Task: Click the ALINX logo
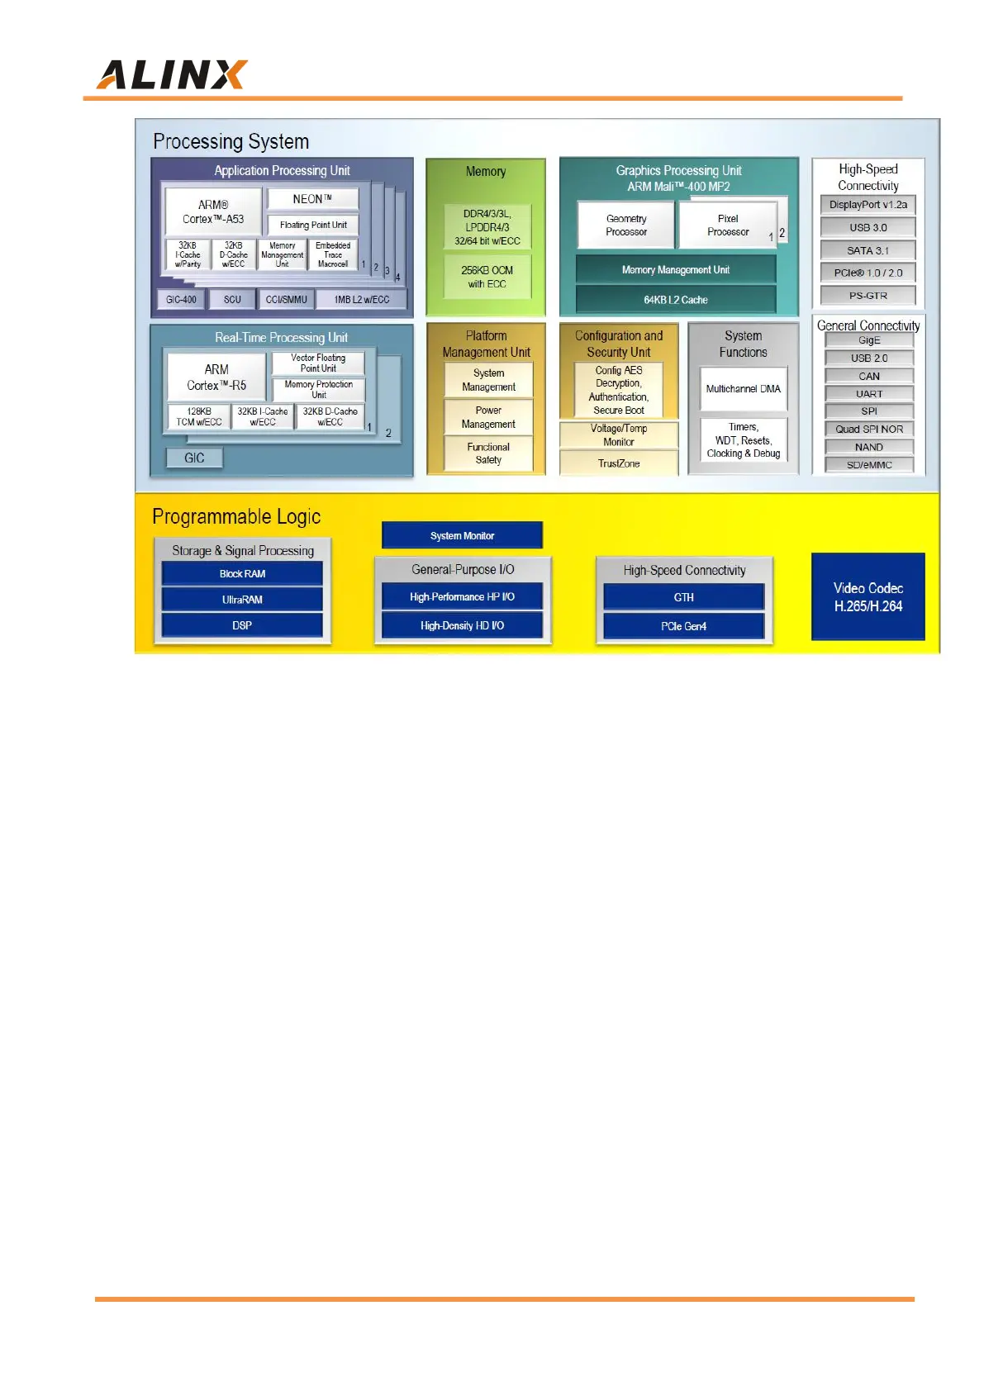(x=172, y=74)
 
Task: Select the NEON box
(x=312, y=199)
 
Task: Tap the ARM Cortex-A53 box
(x=213, y=211)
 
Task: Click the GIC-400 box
(x=181, y=299)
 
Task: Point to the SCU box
(x=232, y=299)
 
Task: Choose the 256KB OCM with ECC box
(x=487, y=277)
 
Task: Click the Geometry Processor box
(x=626, y=225)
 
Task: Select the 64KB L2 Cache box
(x=675, y=299)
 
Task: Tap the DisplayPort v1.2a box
(x=868, y=205)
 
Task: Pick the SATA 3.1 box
(x=868, y=250)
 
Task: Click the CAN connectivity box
(x=869, y=376)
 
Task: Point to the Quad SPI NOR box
(x=869, y=429)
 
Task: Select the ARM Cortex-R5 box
(x=216, y=377)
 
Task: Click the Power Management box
(x=488, y=417)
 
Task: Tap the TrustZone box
(x=619, y=463)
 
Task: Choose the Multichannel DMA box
(x=743, y=388)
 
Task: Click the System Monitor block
(x=462, y=535)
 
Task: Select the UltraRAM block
(x=242, y=599)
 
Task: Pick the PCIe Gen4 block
(x=683, y=626)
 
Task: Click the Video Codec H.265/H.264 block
(x=868, y=596)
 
